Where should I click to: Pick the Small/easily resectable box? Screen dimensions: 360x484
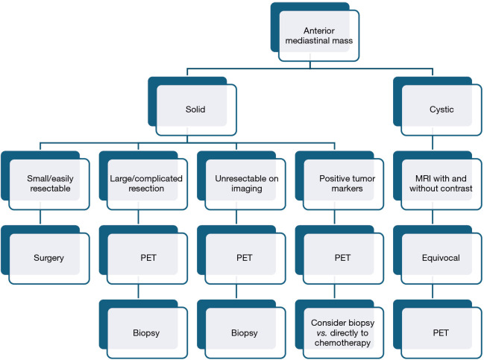(x=46, y=185)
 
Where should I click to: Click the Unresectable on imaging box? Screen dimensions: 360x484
(x=243, y=185)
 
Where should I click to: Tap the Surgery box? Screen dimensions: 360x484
(x=46, y=257)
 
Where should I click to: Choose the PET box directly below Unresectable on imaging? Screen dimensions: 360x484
(x=243, y=257)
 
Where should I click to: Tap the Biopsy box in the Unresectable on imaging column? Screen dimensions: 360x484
(x=243, y=330)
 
